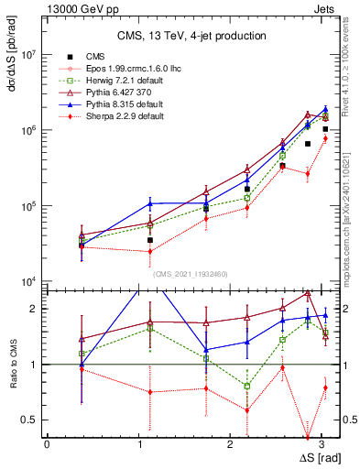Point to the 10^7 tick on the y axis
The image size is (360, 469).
click(27, 55)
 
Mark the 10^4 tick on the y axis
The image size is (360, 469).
click(27, 282)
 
